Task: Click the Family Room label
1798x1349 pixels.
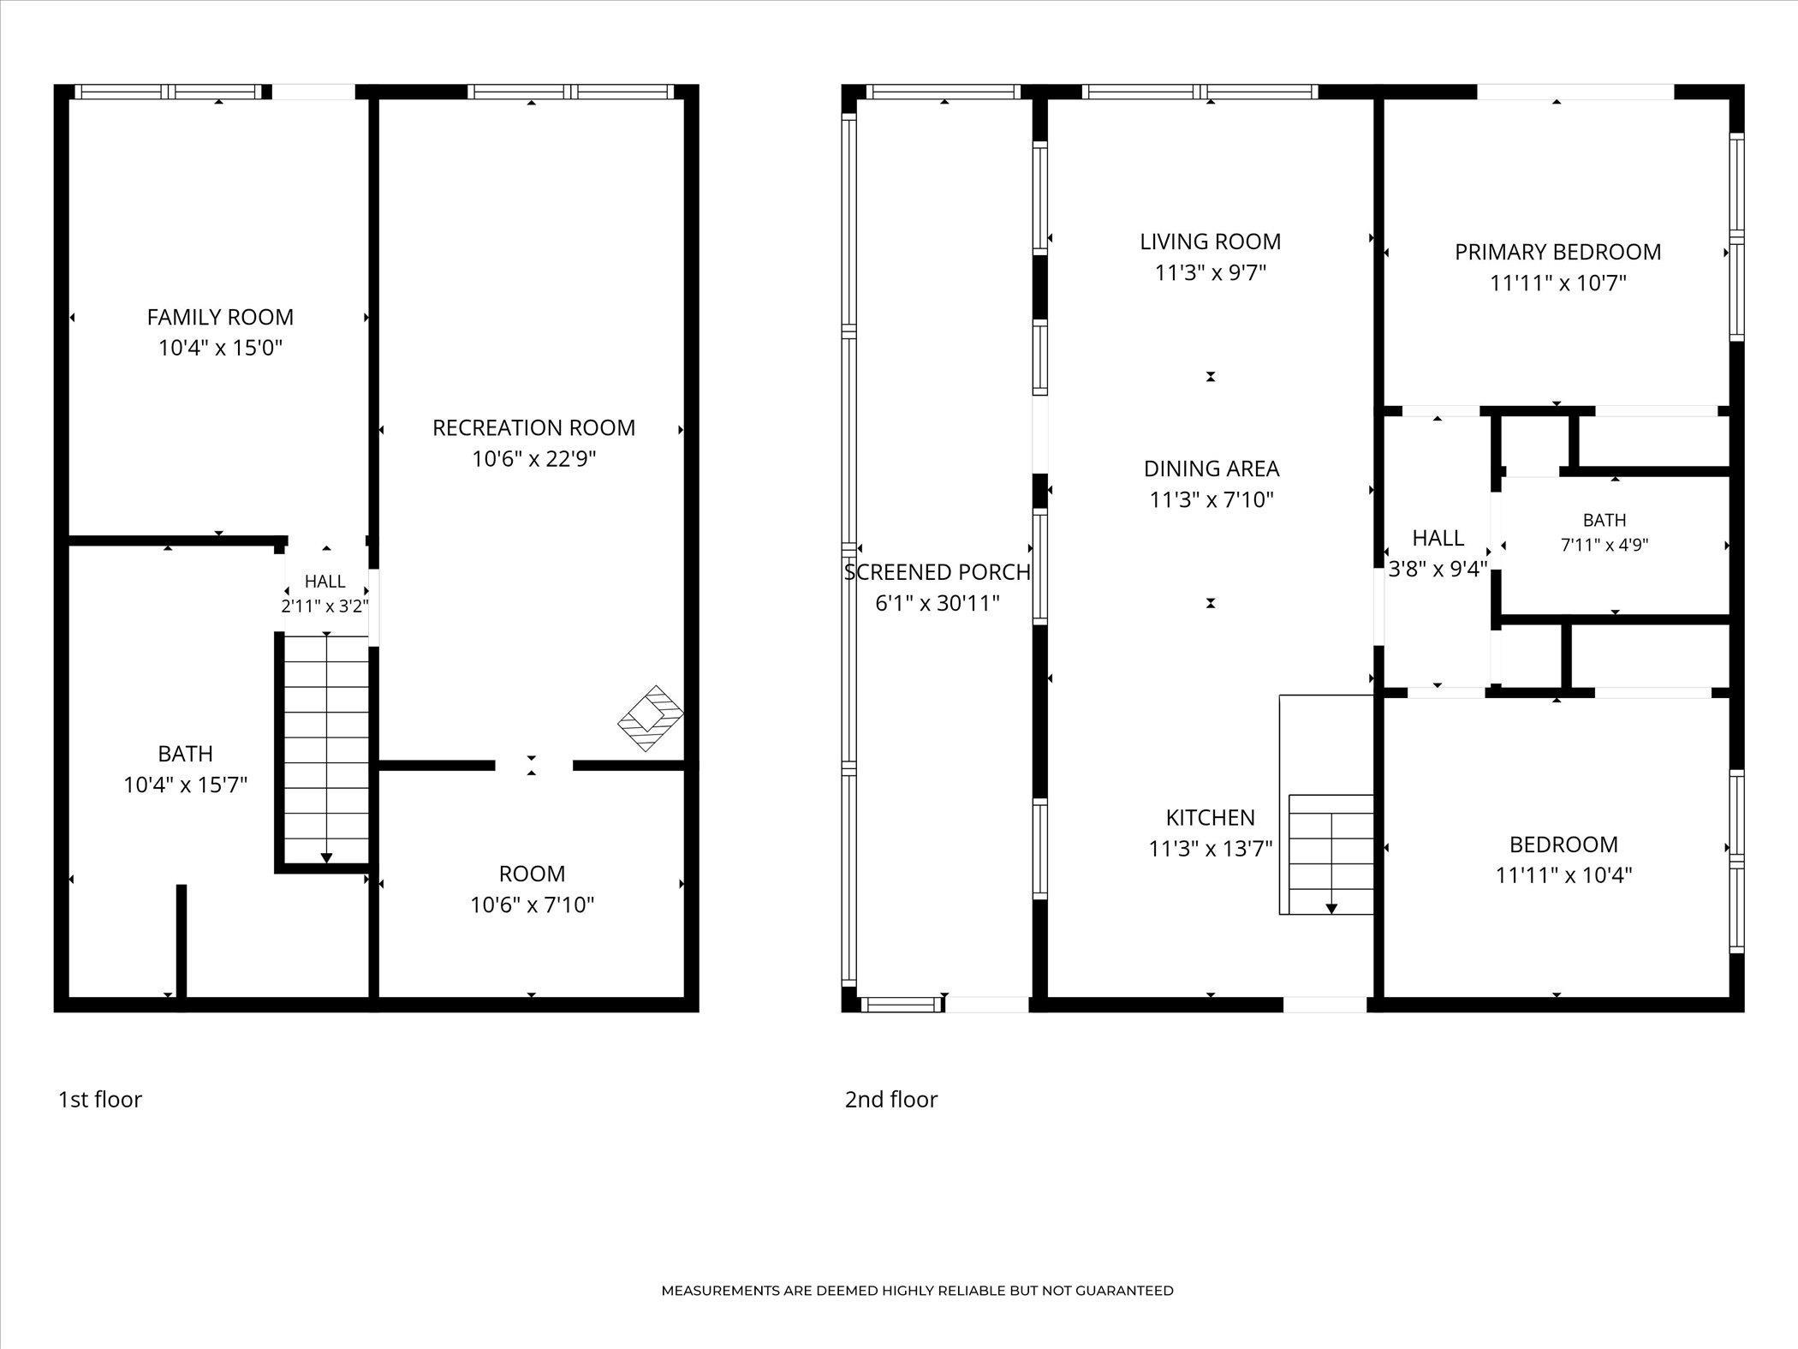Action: pyautogui.click(x=220, y=317)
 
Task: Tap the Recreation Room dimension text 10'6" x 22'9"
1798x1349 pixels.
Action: pyautogui.click(x=533, y=459)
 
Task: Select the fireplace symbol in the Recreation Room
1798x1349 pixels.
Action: pyautogui.click(x=651, y=718)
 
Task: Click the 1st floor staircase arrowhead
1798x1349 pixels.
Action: pyautogui.click(x=326, y=857)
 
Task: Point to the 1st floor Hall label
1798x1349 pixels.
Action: pyautogui.click(x=325, y=582)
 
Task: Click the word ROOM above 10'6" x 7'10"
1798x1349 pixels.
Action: pyautogui.click(x=532, y=874)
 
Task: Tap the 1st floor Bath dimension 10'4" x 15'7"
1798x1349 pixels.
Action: pyautogui.click(x=186, y=785)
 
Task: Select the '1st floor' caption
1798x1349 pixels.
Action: pyautogui.click(x=99, y=1099)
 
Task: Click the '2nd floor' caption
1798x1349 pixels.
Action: pyautogui.click(x=891, y=1099)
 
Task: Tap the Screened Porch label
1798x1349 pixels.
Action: pyautogui.click(x=938, y=572)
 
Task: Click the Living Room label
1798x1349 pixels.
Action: pyautogui.click(x=1210, y=242)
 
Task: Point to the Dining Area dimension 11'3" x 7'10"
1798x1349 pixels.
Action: pyautogui.click(x=1212, y=499)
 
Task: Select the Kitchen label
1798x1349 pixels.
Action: pyautogui.click(x=1210, y=817)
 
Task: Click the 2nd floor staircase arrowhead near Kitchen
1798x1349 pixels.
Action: pyautogui.click(x=1331, y=908)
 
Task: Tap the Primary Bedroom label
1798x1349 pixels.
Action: pyautogui.click(x=1557, y=252)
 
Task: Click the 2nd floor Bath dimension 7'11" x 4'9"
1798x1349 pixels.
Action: pyautogui.click(x=1605, y=545)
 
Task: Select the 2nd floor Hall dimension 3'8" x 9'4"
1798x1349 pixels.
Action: pyautogui.click(x=1438, y=569)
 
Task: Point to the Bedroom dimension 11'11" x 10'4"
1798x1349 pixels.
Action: pyautogui.click(x=1563, y=875)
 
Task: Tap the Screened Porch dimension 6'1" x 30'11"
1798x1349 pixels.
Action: pyautogui.click(x=938, y=604)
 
